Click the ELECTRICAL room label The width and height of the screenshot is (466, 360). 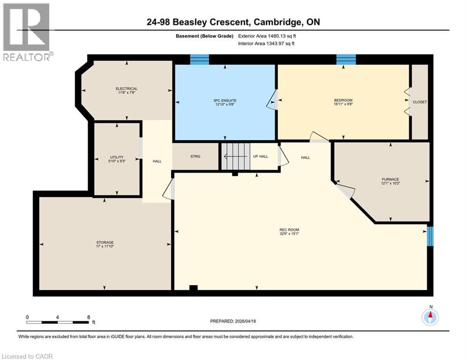pos(126,89)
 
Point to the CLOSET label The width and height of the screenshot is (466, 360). pos(420,102)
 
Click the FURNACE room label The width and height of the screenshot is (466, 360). pos(390,180)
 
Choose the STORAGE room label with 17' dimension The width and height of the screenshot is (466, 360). pos(105,242)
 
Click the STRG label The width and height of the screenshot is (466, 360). pos(195,156)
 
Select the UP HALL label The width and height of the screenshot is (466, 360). pos(260,156)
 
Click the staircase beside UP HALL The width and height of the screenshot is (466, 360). pos(237,156)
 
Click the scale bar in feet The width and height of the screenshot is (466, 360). pos(58,322)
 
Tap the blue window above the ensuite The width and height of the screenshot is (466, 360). pos(199,59)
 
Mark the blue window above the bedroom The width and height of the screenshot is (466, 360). pos(346,59)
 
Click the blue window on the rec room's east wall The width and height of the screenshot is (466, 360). pos(430,236)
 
